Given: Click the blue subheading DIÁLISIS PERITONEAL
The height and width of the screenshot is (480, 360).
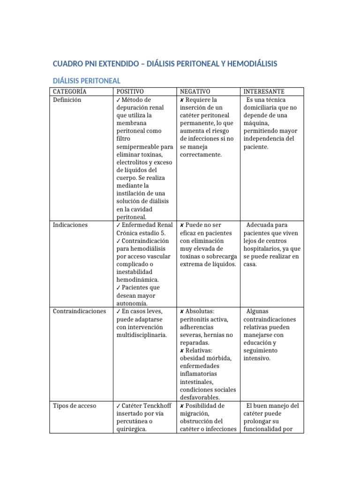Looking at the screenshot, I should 86,81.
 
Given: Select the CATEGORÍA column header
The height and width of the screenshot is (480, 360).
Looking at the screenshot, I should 69,91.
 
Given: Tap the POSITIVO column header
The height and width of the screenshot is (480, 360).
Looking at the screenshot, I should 130,91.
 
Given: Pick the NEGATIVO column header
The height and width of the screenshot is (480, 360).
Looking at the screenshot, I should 195,91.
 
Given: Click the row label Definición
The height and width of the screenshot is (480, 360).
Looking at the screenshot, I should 67,100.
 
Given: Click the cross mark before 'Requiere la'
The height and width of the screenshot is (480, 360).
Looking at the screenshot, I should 182,100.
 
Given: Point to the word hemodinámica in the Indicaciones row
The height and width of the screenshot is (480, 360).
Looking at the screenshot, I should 138,280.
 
